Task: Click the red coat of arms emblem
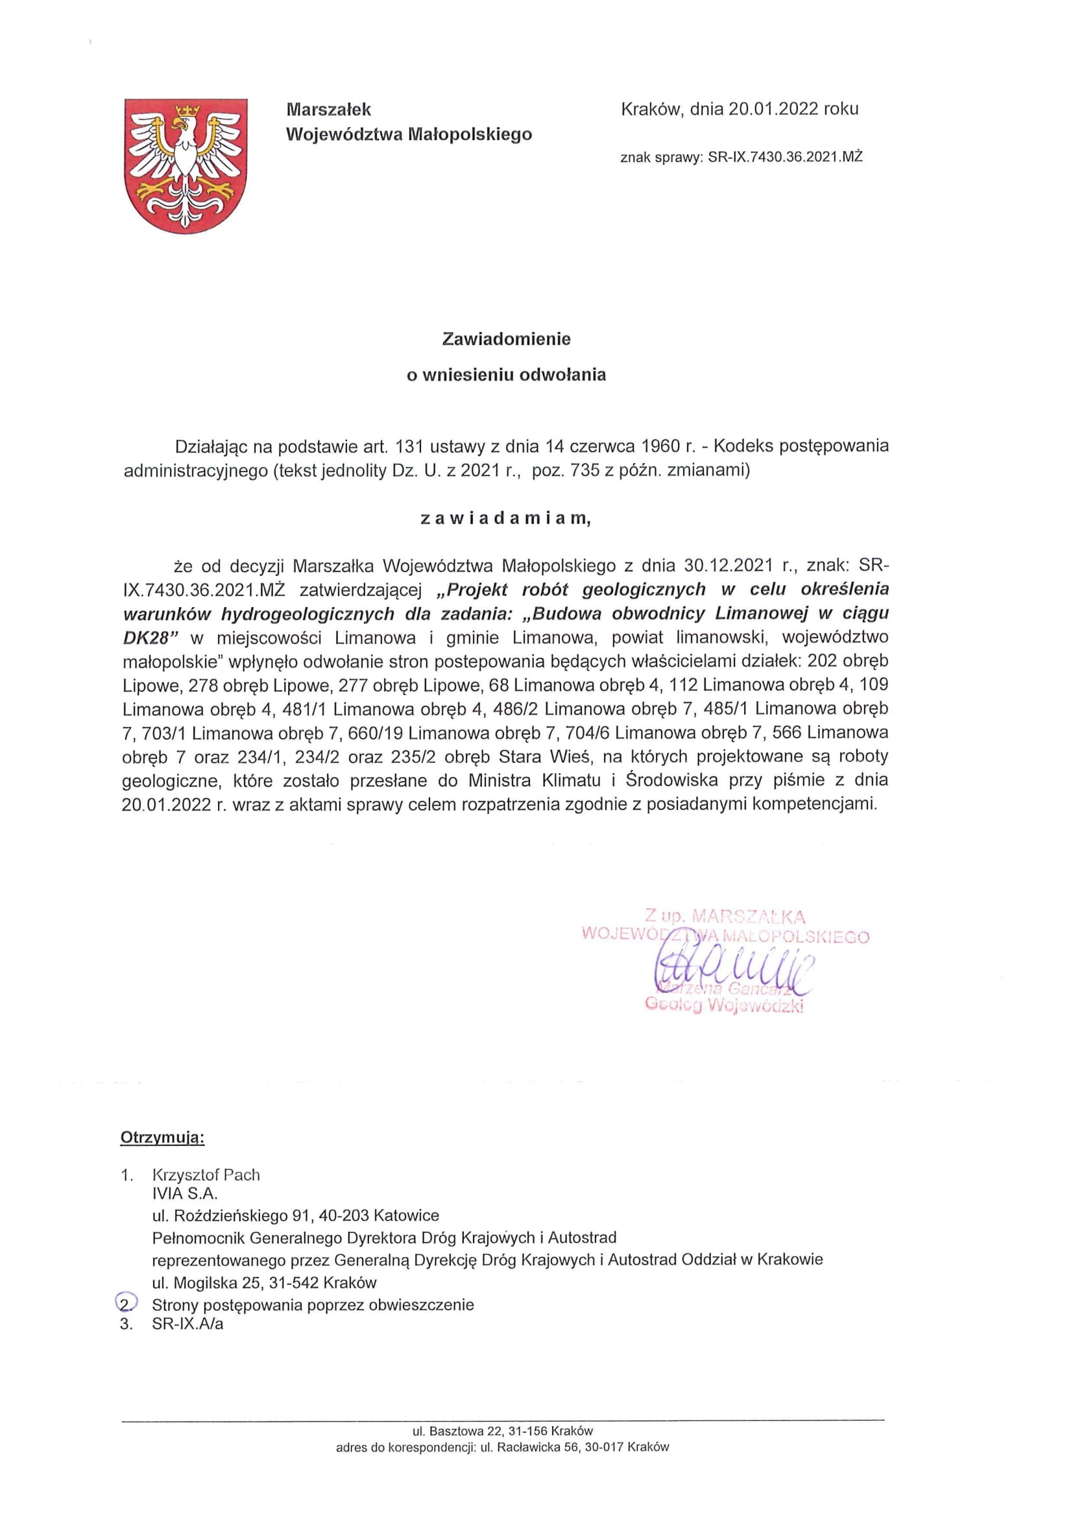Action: (186, 166)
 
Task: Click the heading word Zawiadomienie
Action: (506, 339)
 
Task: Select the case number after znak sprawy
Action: (785, 157)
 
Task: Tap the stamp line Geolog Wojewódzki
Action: (723, 1006)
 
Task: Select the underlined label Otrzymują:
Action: (163, 1138)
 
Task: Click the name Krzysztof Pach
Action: (206, 1175)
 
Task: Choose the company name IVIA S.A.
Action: (185, 1193)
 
